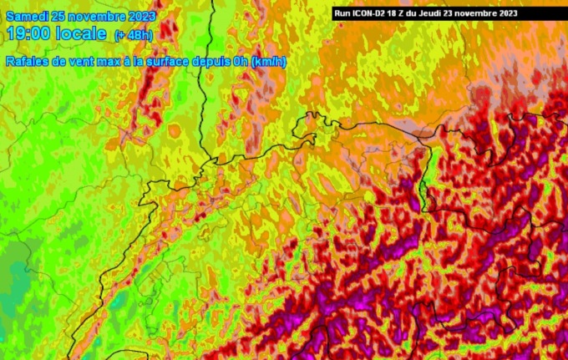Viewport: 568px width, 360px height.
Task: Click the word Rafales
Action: coord(25,62)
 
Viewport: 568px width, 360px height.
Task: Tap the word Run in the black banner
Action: coord(342,13)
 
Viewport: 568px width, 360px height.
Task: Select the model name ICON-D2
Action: coord(370,13)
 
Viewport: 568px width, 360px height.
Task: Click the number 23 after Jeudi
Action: coord(459,13)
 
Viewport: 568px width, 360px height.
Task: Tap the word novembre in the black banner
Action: coord(484,13)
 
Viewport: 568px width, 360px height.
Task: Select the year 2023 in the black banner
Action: coord(513,13)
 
